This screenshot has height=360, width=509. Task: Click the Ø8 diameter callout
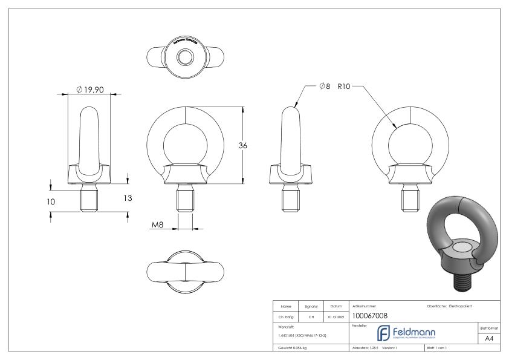pos(324,87)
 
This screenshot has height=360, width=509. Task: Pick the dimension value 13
pos(128,198)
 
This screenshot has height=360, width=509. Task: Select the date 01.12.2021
pos(336,315)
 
